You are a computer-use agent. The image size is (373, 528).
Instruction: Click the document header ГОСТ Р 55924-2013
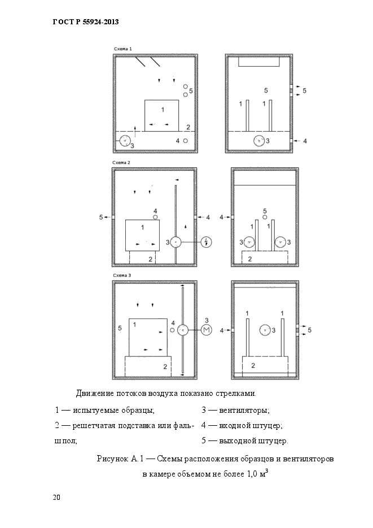(85, 22)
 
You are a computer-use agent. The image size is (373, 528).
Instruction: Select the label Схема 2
(121, 163)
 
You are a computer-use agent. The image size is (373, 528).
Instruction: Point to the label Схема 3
(122, 275)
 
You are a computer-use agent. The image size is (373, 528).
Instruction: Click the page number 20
(56, 498)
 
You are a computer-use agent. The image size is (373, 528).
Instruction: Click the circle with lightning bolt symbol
(207, 242)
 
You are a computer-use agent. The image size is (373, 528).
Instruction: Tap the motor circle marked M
(206, 331)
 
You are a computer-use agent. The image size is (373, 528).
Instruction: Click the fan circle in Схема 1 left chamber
(125, 141)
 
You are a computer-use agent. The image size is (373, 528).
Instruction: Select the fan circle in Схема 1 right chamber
(259, 141)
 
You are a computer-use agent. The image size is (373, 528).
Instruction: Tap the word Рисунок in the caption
(112, 460)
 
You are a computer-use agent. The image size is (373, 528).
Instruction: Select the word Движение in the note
(94, 393)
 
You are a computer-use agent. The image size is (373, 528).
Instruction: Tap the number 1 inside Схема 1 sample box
(163, 108)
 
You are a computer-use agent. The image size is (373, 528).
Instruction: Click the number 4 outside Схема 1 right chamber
(305, 141)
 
